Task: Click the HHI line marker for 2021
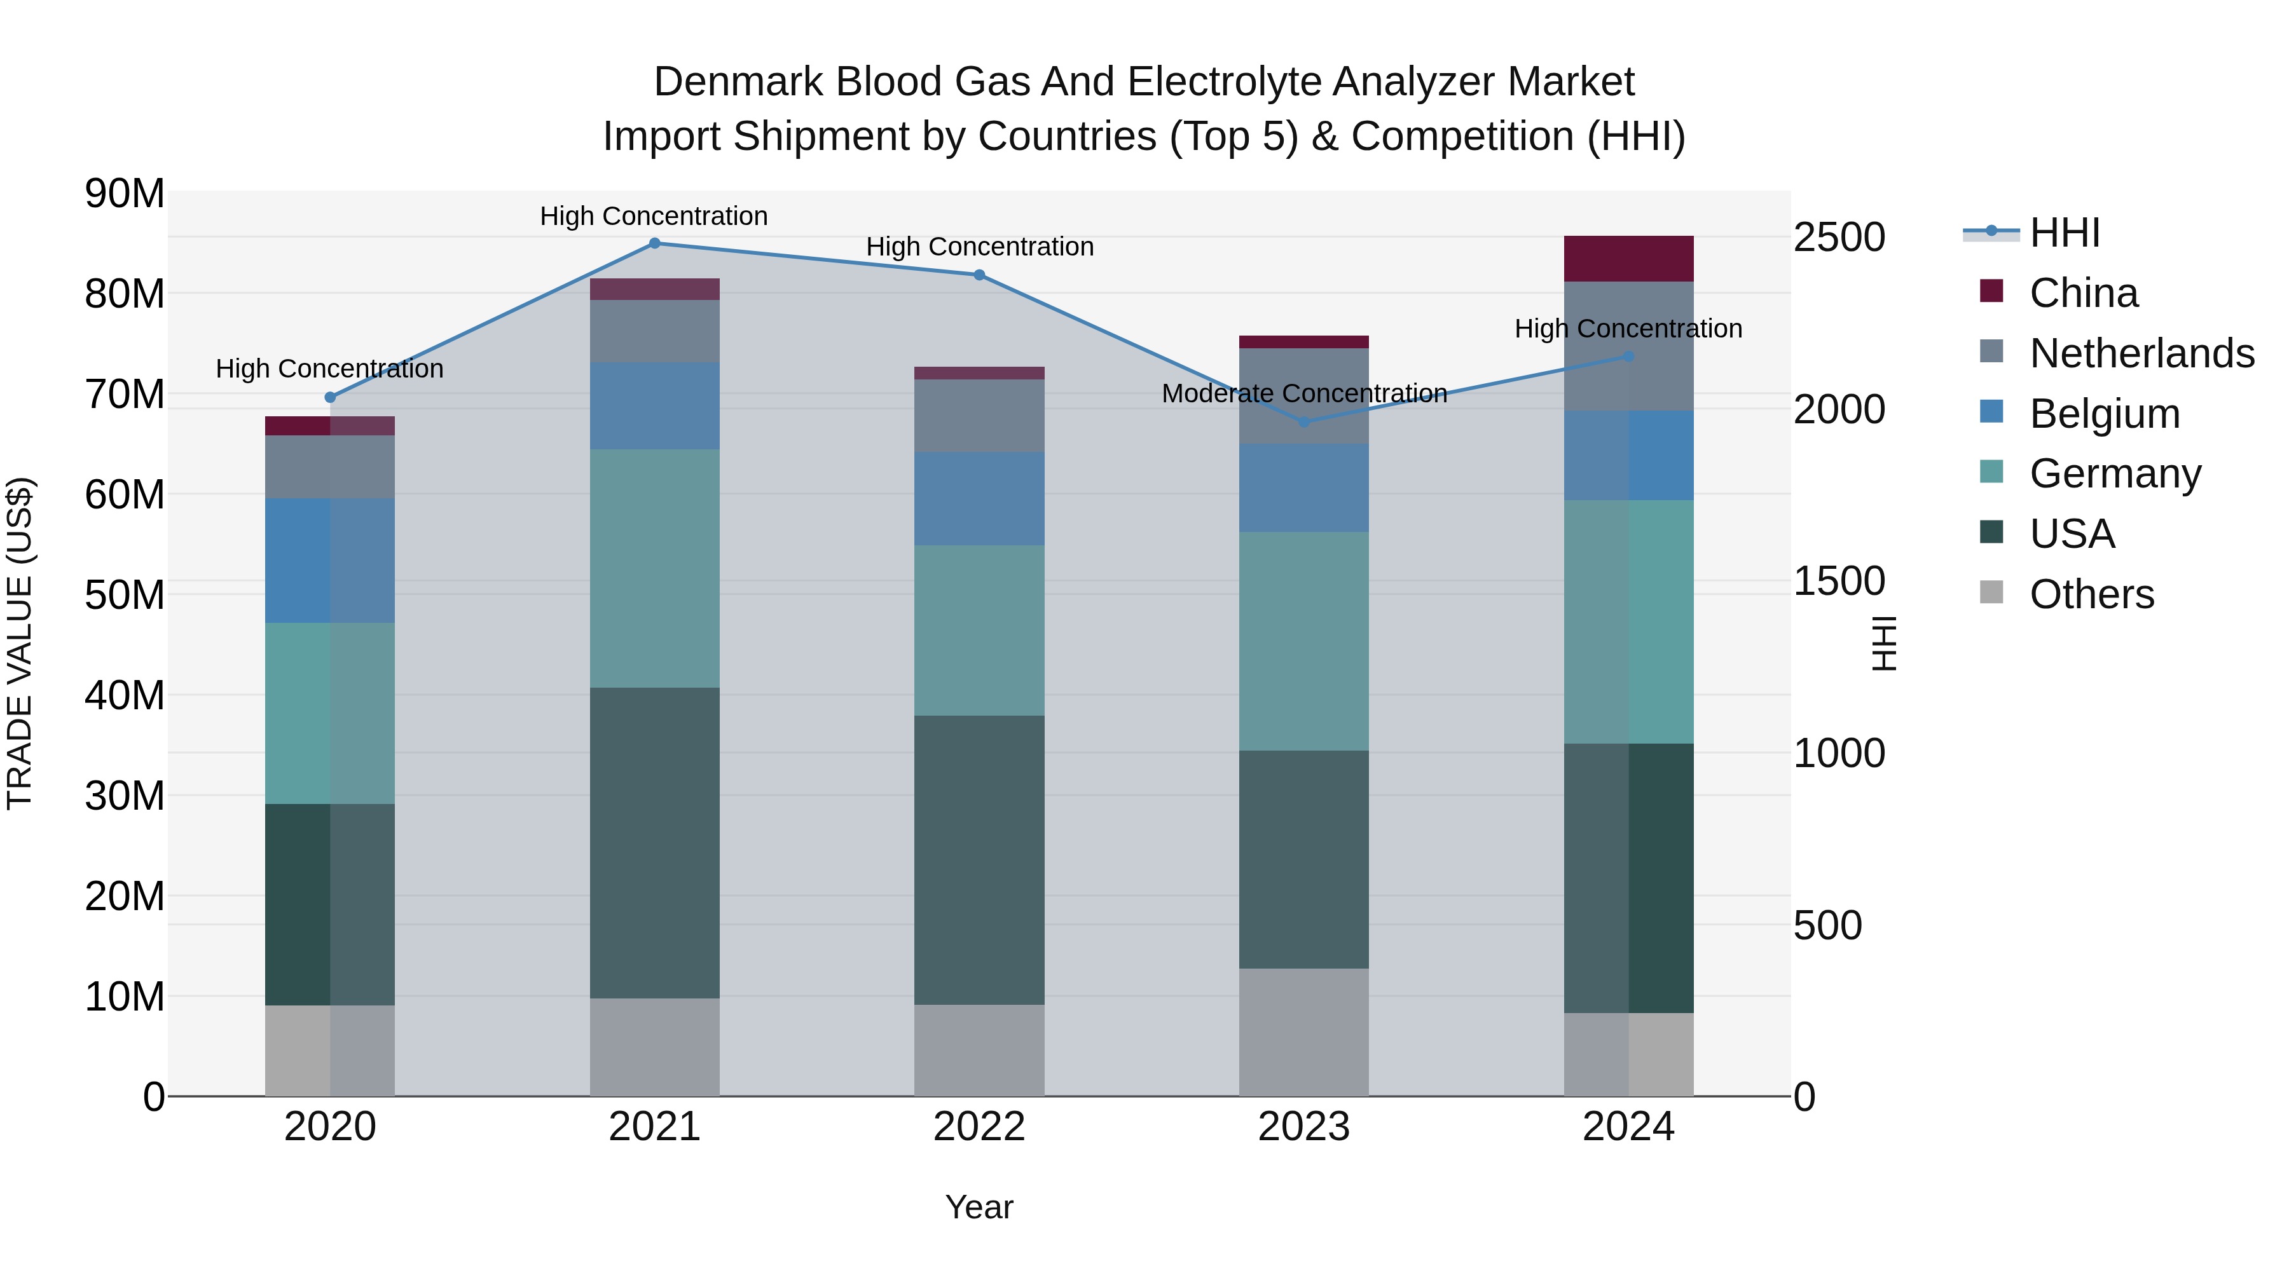point(654,243)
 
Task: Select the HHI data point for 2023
point(1303,422)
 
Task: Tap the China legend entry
point(2083,293)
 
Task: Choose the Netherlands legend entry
point(2141,353)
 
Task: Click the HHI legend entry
point(2064,233)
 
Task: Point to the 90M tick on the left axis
point(125,194)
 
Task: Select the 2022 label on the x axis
point(979,1127)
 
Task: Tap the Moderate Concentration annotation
point(1303,393)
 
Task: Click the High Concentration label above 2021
point(654,216)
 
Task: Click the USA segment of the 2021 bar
point(654,842)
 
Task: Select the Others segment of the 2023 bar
point(1303,1032)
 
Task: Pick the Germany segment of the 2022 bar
point(979,630)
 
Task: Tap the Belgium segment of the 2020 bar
point(329,561)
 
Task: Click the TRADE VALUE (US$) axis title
point(20,643)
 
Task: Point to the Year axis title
point(979,1207)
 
